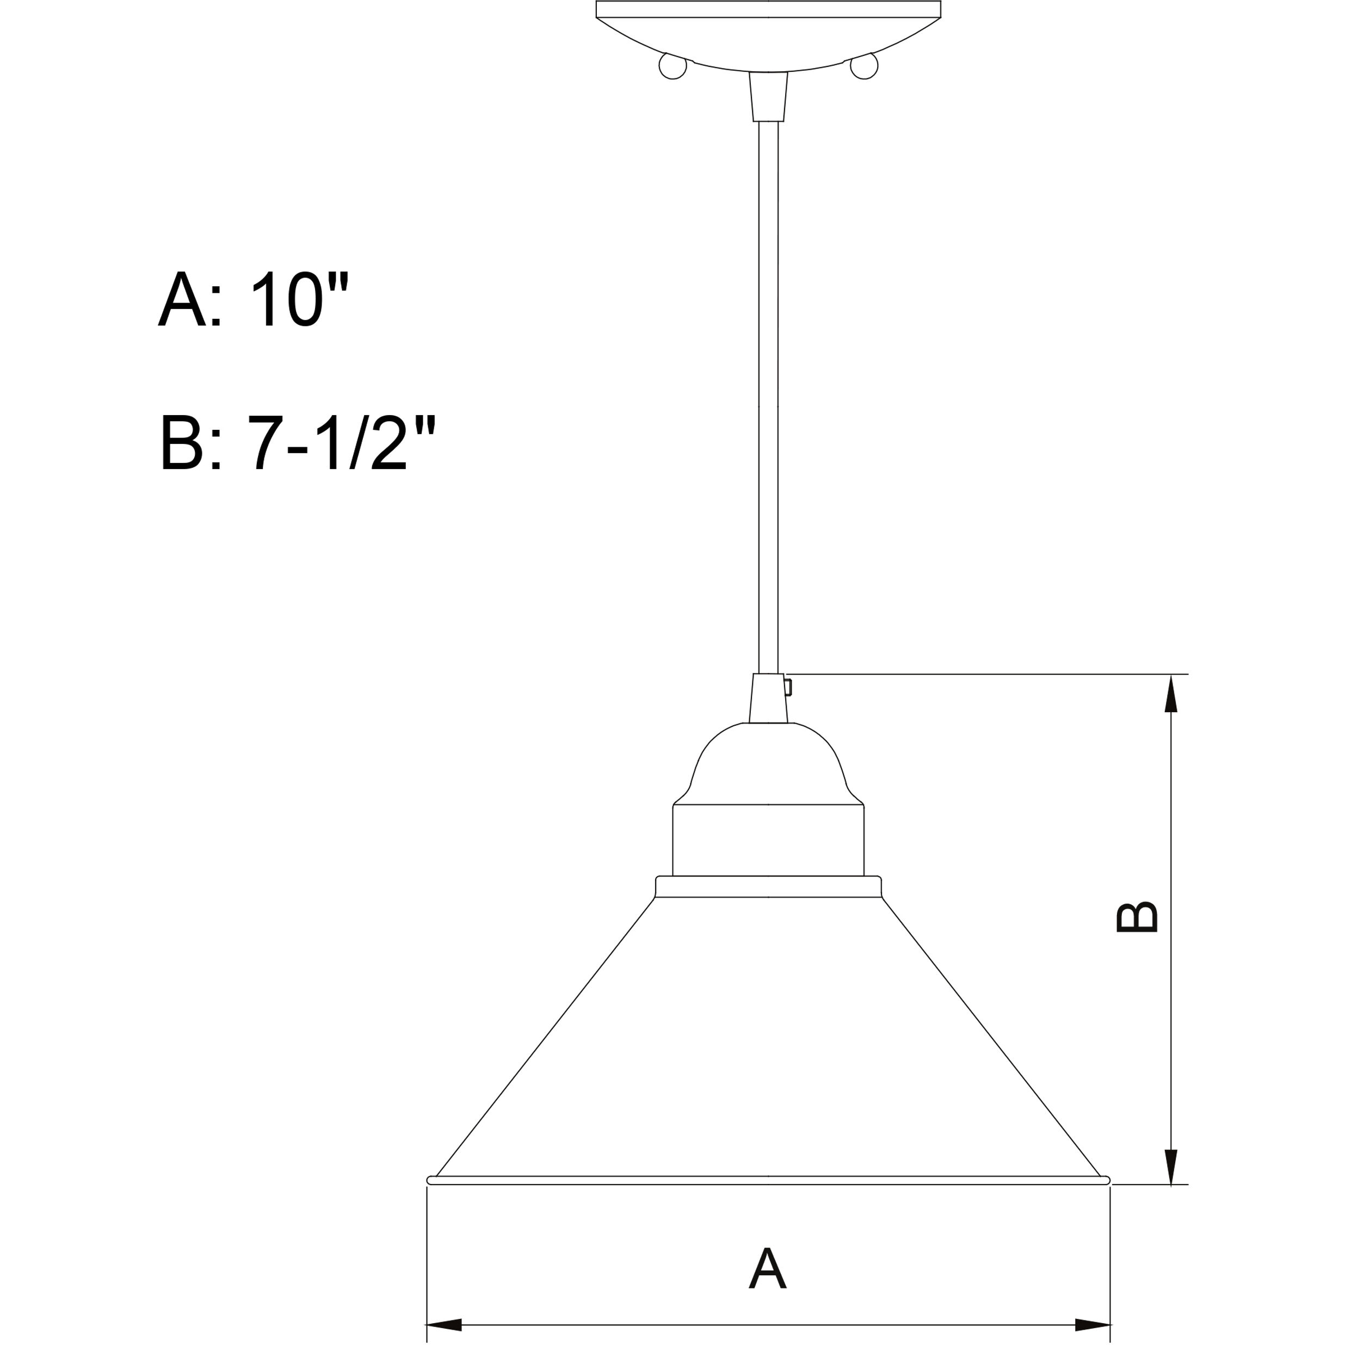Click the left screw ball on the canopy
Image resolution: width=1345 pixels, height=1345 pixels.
(x=672, y=67)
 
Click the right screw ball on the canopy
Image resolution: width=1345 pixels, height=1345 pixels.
(x=864, y=67)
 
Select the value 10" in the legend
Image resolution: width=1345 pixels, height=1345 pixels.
(x=299, y=299)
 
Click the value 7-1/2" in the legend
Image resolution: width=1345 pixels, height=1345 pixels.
(x=341, y=443)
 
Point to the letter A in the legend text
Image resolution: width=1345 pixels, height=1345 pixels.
(x=182, y=299)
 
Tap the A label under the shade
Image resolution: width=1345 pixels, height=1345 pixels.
(x=767, y=1268)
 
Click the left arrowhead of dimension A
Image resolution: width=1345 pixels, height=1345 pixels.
(x=444, y=1324)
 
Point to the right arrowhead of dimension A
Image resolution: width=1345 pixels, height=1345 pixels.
(x=1091, y=1324)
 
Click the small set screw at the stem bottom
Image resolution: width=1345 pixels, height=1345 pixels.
(x=788, y=688)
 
